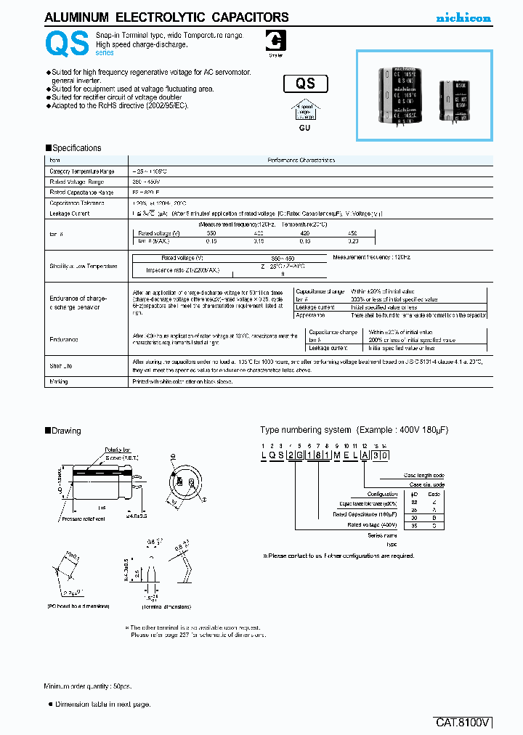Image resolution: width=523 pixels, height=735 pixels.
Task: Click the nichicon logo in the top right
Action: coord(463,17)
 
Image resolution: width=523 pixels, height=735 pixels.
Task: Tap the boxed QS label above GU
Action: coord(305,84)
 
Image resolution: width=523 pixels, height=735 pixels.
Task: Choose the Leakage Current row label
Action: coord(68,214)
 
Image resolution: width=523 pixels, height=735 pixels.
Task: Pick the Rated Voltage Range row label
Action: coord(76,182)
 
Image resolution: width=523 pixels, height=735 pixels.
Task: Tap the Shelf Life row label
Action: coord(61,366)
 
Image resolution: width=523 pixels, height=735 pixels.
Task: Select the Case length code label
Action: coord(425,475)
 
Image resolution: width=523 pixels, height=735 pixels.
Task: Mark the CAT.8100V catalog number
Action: coord(463,723)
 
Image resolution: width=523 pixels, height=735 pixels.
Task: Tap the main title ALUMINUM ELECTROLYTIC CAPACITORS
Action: coord(166,17)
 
